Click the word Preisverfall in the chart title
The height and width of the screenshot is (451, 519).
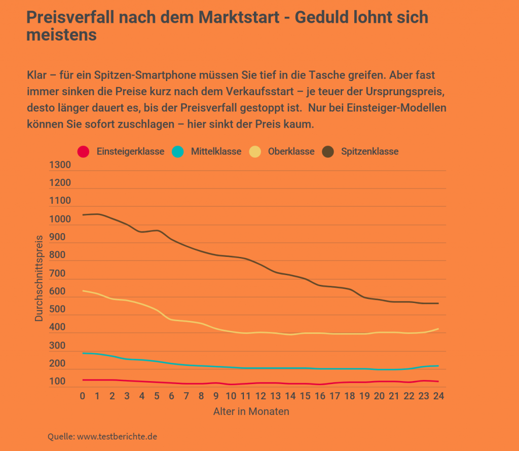click(x=69, y=17)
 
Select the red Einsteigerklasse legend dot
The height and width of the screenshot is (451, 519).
click(x=83, y=152)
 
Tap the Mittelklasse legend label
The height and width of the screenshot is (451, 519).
click(x=216, y=152)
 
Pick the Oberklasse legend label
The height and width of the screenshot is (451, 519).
click(x=291, y=152)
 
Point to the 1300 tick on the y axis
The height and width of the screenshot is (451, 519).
click(x=60, y=165)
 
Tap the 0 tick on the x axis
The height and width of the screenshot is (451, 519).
click(x=83, y=396)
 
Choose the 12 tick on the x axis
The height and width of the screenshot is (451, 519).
click(x=261, y=396)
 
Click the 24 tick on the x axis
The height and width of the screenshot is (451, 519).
click(x=438, y=396)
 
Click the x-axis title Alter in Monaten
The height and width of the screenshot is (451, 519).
click(x=251, y=411)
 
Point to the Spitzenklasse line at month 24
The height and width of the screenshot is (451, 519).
click(x=438, y=303)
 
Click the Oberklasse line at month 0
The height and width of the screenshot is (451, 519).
click(x=83, y=291)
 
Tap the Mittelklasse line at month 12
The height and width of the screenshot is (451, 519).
click(x=261, y=368)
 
